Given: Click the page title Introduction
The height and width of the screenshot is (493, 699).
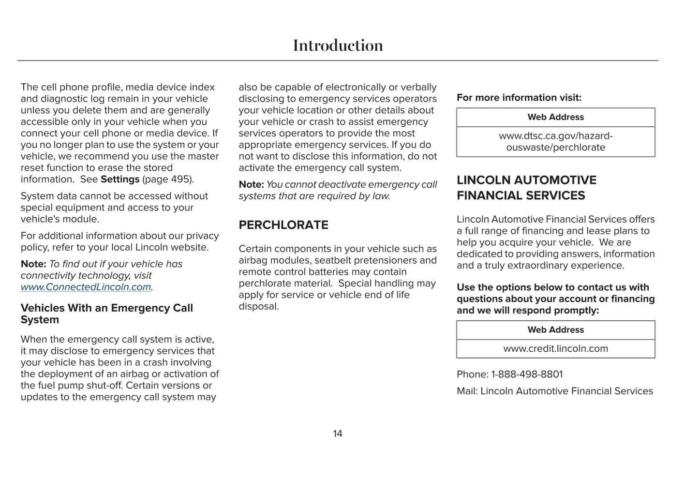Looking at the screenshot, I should click(338, 45).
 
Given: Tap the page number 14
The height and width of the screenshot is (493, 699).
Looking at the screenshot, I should click(338, 434).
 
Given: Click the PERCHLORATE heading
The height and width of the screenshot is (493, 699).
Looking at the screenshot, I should click(283, 225).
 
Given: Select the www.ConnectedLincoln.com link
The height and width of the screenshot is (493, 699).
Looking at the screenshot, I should click(86, 287).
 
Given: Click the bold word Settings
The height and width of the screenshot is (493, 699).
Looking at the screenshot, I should click(120, 179).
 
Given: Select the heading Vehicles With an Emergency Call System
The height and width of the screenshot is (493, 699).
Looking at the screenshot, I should click(106, 314).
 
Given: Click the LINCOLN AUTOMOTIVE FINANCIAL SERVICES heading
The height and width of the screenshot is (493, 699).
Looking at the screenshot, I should click(526, 188).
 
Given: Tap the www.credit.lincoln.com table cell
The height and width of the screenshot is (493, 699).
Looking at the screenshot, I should click(555, 349).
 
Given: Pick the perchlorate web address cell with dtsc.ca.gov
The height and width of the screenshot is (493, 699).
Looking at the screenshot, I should click(555, 142).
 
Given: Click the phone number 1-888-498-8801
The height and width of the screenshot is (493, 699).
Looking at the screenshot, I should click(527, 374).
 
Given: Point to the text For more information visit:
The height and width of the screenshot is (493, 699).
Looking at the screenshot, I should click(519, 98).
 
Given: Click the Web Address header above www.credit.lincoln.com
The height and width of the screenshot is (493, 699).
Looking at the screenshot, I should click(555, 330).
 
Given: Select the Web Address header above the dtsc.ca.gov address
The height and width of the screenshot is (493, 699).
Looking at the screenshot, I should click(555, 117).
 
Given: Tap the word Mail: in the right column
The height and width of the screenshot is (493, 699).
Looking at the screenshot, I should click(467, 391).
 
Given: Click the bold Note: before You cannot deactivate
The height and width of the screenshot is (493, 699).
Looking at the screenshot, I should click(251, 185).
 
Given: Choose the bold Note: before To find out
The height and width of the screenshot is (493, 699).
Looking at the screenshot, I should click(33, 264).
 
